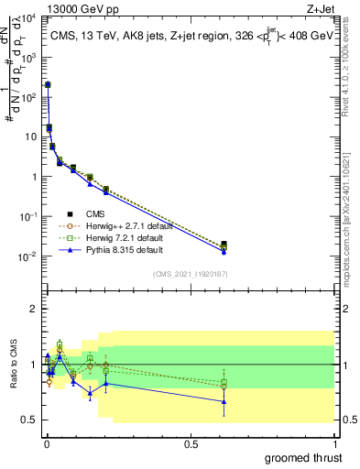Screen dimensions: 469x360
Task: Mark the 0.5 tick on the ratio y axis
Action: click(28, 420)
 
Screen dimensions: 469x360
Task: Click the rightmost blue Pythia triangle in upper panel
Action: click(224, 251)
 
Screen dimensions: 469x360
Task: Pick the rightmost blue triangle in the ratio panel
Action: click(224, 401)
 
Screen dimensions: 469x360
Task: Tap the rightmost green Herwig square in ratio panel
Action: click(224, 382)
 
